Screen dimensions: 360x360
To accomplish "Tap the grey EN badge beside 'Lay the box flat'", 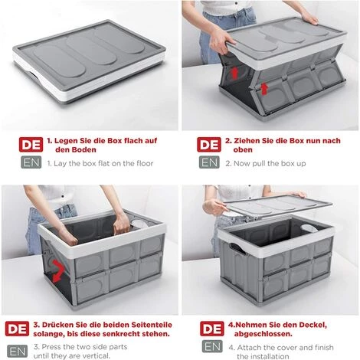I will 28,162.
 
